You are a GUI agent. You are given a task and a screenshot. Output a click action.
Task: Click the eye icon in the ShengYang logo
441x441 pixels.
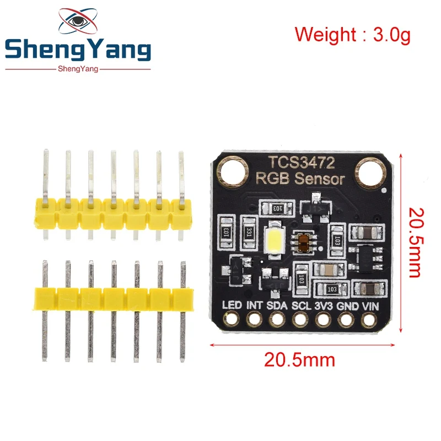click(x=77, y=21)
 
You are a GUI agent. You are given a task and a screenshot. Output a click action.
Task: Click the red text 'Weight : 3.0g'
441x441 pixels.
click(x=352, y=34)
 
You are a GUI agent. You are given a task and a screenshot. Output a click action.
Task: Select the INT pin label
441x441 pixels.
click(x=254, y=305)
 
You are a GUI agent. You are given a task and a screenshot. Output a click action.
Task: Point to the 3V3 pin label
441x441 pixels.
click(x=324, y=305)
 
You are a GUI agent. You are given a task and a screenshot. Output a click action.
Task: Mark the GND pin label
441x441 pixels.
click(x=347, y=305)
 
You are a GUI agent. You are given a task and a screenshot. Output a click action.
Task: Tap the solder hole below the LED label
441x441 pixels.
click(x=231, y=319)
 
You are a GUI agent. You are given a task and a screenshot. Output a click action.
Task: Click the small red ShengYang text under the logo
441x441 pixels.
click(x=77, y=68)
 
